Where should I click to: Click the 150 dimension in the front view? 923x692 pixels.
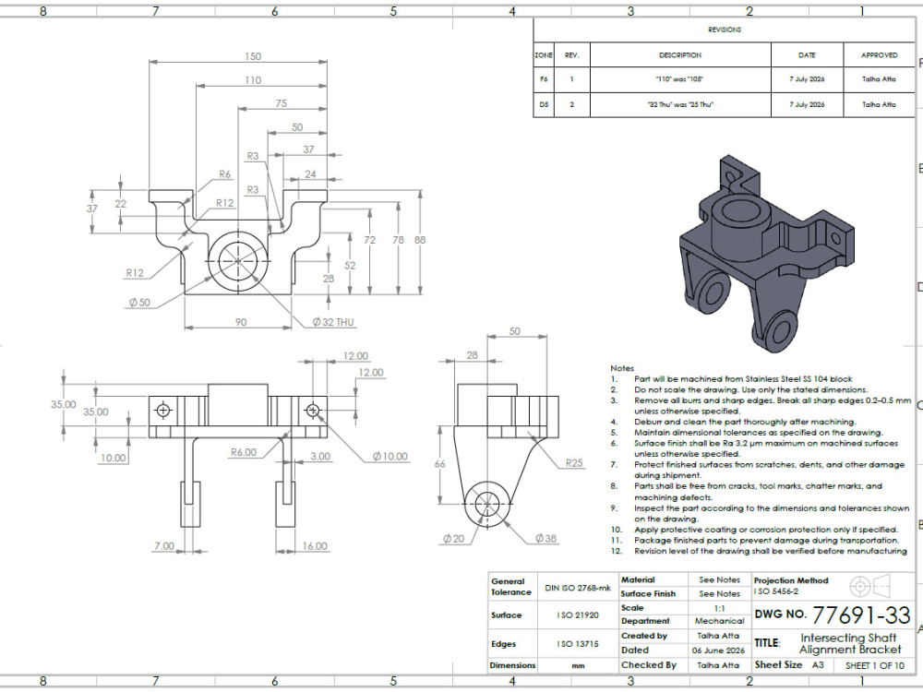[x=253, y=56]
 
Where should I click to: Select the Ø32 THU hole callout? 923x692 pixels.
[x=333, y=322]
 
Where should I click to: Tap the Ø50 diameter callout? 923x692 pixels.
[x=139, y=303]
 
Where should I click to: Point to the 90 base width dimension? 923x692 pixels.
[x=241, y=322]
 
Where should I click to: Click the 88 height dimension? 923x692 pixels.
[x=420, y=240]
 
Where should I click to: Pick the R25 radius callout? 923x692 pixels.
[x=574, y=463]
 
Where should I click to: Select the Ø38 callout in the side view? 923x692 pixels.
[x=545, y=539]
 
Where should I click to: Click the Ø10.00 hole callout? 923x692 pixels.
[x=390, y=456]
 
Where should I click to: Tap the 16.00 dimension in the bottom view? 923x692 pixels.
[x=315, y=546]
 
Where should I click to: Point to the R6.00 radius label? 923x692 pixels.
[x=244, y=452]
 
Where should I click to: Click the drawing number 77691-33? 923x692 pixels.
[x=861, y=615]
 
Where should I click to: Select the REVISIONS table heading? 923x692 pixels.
[x=725, y=30]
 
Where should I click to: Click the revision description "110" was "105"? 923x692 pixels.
[x=680, y=78]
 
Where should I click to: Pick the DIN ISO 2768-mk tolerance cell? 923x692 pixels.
[x=578, y=588]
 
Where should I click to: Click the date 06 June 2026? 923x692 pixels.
[x=718, y=650]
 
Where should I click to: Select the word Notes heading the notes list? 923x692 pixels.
[x=622, y=368]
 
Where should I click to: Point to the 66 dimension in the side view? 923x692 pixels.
[x=439, y=464]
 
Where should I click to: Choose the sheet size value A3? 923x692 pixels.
[x=818, y=665]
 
